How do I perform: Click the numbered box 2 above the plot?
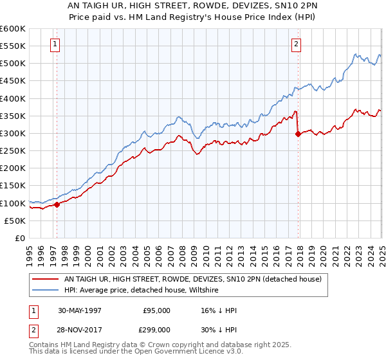coord(296,44)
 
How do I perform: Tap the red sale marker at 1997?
coord(57,204)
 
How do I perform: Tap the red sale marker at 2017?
coord(298,134)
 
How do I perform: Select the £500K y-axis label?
coord(13,64)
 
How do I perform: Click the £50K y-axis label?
coord(15,221)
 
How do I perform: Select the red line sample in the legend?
coord(46,279)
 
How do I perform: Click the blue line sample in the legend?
coord(46,290)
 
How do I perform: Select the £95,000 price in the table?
coord(156,310)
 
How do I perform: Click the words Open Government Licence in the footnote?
coord(178,353)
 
